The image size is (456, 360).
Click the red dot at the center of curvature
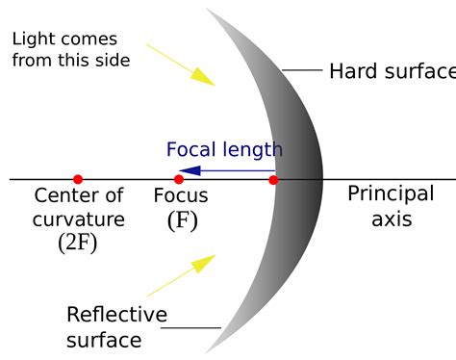[78, 179]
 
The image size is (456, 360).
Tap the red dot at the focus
[178, 179]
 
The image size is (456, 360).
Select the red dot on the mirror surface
[273, 179]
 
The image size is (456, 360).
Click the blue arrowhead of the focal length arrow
[190, 170]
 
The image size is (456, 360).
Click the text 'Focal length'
[224, 149]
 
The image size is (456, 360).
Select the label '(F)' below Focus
[183, 219]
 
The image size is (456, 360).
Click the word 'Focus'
[181, 196]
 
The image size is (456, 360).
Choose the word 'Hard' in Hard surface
[351, 71]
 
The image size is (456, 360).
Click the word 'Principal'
[391, 193]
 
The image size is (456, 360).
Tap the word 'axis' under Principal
[392, 219]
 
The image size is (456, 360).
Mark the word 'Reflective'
[116, 315]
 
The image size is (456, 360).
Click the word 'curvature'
[79, 219]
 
